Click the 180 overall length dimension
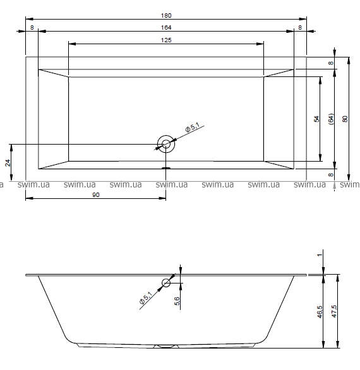(166, 16)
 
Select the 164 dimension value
(166, 28)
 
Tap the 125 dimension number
(166, 40)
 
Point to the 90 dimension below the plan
(95, 195)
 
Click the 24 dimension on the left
(8, 162)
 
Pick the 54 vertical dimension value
(316, 119)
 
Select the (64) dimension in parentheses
(331, 119)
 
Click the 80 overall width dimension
(345, 119)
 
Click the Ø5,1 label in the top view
(193, 128)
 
